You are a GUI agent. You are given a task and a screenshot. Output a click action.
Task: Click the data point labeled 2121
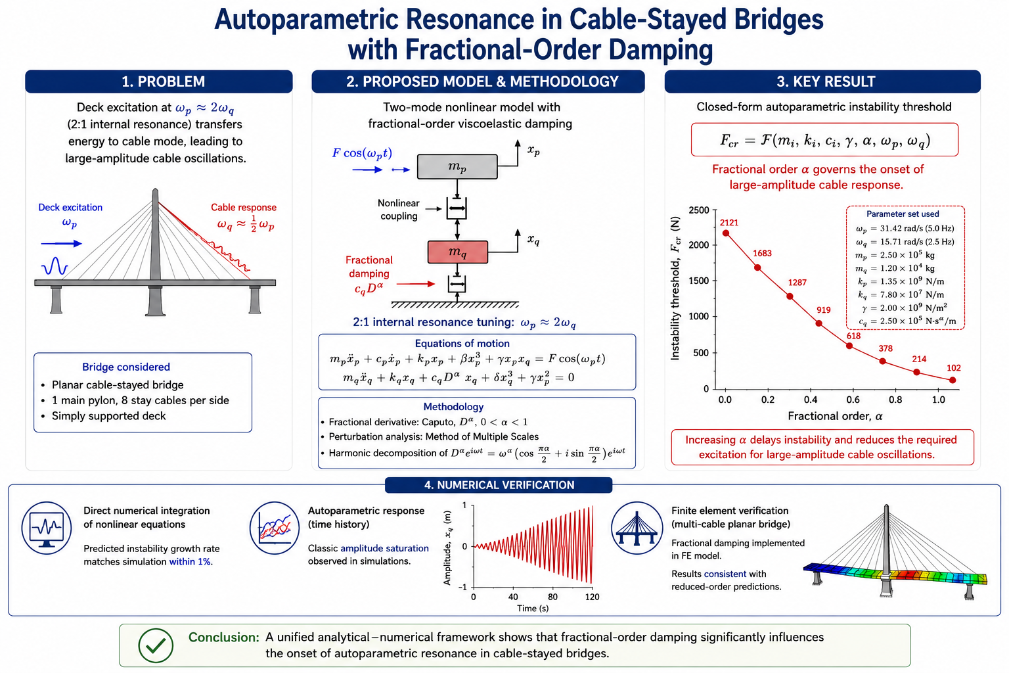726,233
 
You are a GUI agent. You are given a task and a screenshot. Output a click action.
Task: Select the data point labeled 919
819,323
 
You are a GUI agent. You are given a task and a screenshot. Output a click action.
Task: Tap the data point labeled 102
953,380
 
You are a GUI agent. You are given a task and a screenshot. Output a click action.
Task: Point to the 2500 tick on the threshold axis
699,210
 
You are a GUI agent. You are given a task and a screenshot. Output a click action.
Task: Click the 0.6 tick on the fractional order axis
853,400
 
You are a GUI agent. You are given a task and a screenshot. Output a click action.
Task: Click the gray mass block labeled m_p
457,167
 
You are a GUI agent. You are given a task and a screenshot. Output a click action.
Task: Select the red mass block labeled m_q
458,252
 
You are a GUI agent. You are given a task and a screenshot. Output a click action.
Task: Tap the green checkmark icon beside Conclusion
156,645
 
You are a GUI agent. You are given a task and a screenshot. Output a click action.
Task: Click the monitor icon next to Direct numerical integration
47,528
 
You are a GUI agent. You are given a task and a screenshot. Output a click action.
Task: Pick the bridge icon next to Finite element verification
637,528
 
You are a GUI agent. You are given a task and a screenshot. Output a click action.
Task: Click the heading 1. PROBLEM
163,81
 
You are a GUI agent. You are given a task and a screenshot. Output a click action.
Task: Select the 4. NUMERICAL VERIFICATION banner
499,485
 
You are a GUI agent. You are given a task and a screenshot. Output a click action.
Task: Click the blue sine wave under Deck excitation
55,266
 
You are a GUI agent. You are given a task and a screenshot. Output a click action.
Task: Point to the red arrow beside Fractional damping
415,284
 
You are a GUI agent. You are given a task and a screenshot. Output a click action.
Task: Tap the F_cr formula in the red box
825,140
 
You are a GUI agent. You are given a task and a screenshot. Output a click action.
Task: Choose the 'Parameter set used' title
903,214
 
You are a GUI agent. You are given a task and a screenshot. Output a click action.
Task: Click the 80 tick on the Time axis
552,597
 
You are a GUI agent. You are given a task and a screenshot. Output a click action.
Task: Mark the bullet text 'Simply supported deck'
108,416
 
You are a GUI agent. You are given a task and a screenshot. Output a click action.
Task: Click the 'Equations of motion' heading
462,344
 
